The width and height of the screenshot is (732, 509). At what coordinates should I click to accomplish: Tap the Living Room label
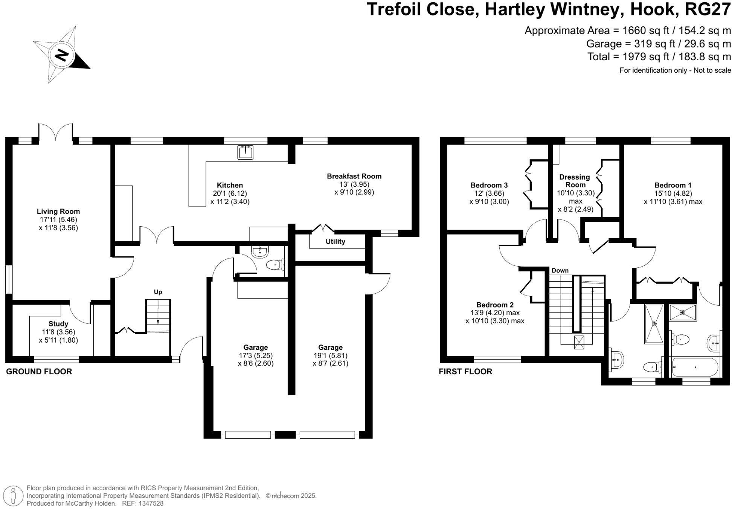point(58,212)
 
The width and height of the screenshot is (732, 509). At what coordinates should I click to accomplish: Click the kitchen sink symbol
point(245,152)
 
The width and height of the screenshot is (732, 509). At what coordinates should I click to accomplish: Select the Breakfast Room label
point(354,176)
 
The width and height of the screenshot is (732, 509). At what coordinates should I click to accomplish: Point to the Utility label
point(335,242)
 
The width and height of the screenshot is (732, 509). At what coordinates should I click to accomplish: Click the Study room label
point(58,324)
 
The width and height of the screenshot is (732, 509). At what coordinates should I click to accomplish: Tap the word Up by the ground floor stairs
point(158,292)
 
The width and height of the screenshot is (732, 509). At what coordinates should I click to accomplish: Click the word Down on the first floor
point(560,270)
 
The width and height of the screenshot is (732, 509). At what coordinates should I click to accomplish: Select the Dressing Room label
point(575,181)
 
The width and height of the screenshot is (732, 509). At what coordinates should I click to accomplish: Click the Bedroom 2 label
point(495,305)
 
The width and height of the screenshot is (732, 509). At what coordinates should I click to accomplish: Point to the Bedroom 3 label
point(489,185)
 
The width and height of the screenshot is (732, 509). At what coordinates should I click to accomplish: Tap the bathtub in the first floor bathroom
point(695,367)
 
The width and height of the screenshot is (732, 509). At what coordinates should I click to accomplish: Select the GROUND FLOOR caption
point(39,372)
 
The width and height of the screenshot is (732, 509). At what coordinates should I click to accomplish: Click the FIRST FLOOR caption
point(465,372)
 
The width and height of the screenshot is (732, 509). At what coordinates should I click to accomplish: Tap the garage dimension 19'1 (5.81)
point(330,355)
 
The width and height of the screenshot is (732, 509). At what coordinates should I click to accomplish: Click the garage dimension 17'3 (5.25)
point(255,355)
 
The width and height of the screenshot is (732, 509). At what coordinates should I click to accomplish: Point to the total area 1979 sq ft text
point(659,57)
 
